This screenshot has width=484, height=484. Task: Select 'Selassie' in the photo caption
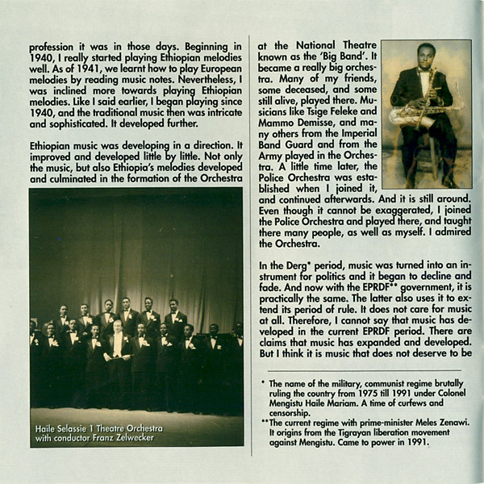(x=77, y=428)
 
